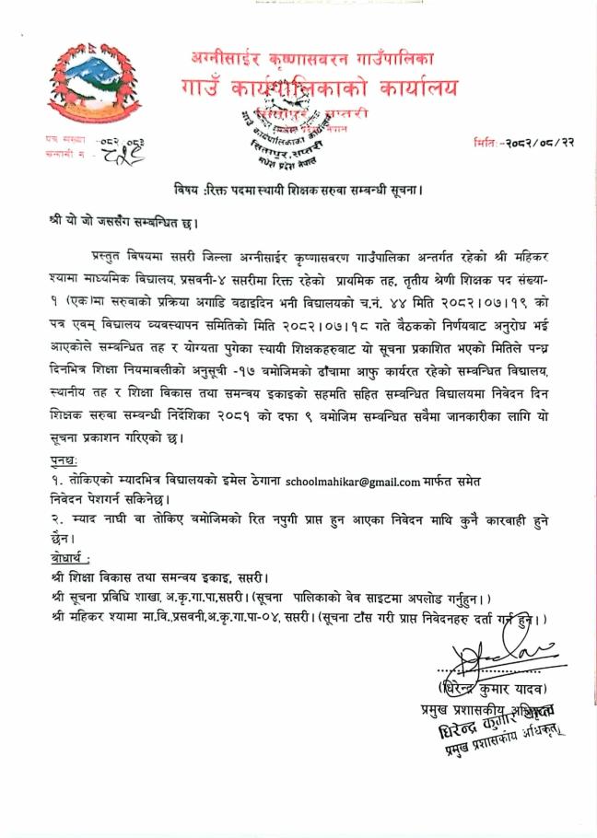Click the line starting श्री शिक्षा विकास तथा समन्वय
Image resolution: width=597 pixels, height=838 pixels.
pos(160,579)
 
